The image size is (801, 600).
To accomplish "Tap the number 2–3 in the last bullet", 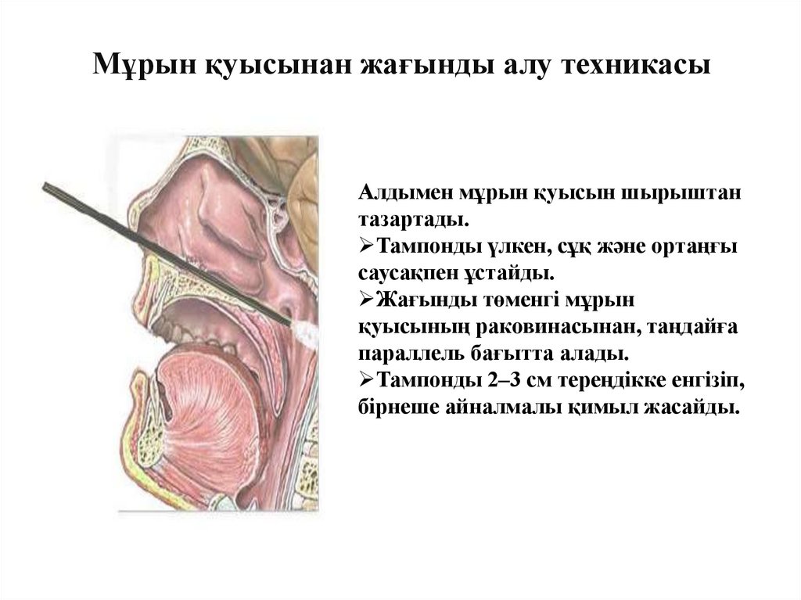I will tap(512, 381).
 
